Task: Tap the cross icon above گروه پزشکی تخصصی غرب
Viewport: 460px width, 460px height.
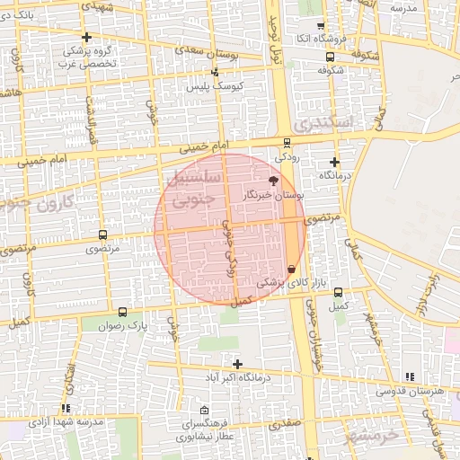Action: point(86,37)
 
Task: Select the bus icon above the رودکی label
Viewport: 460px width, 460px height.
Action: point(287,142)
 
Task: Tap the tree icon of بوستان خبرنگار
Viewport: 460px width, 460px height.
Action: point(273,181)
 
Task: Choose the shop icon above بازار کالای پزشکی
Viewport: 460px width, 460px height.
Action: point(291,270)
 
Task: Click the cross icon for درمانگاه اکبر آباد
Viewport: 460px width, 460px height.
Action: point(237,364)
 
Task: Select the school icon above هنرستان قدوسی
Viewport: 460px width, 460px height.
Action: point(411,377)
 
